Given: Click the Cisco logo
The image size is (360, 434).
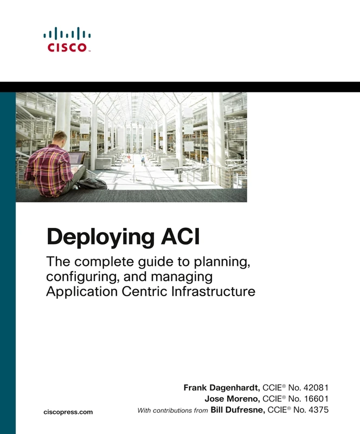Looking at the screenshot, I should (x=67, y=39).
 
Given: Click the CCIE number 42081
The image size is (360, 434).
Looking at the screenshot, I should (x=314, y=388).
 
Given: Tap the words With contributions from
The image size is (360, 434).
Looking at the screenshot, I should (x=172, y=411).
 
